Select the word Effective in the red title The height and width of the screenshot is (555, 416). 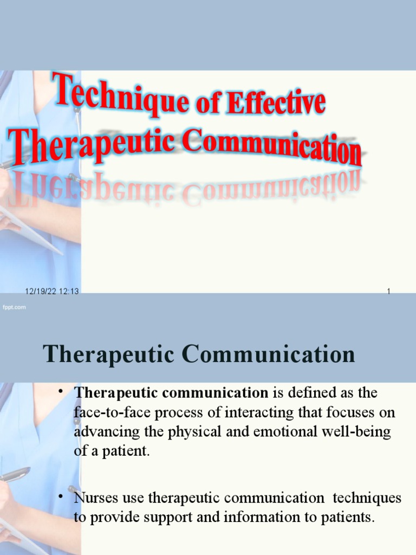[x=276, y=103]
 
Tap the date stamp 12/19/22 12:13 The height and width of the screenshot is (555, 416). [x=52, y=292]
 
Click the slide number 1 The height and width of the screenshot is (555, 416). [x=388, y=292]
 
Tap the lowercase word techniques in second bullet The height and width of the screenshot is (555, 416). [x=367, y=498]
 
